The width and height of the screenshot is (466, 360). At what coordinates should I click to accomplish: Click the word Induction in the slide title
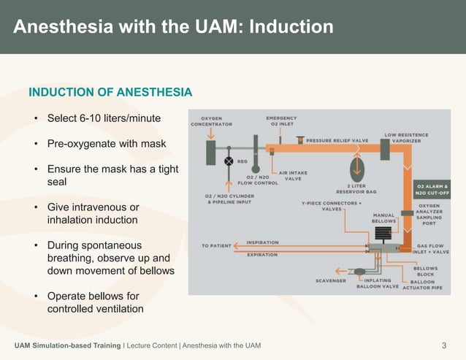[x=291, y=27]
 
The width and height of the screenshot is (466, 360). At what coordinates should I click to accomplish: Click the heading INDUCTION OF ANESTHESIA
[x=110, y=93]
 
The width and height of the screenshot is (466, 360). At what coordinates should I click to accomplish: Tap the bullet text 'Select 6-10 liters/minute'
[x=104, y=118]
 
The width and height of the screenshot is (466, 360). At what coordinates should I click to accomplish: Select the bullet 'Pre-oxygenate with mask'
[x=106, y=144]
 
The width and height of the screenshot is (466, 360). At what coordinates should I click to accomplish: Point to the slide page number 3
[x=444, y=345]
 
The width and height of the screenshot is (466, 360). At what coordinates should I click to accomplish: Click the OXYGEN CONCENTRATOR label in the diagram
[x=211, y=121]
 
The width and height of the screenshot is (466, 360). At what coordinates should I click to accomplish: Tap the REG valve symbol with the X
[x=229, y=161]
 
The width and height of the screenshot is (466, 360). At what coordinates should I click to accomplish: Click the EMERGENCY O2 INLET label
[x=281, y=120]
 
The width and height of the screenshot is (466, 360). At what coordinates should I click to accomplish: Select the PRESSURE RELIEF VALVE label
[x=337, y=140]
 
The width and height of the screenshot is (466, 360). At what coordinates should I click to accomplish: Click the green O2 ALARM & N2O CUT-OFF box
[x=432, y=188]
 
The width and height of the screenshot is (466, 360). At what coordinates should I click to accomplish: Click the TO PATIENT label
[x=215, y=246]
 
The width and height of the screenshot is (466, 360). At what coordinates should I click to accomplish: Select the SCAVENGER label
[x=331, y=280]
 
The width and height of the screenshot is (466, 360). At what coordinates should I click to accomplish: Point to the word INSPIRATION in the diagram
[x=262, y=242]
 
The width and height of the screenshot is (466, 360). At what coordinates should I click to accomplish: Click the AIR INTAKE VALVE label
[x=293, y=176]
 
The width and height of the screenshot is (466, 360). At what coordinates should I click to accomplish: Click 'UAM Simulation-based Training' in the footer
[x=67, y=345]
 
